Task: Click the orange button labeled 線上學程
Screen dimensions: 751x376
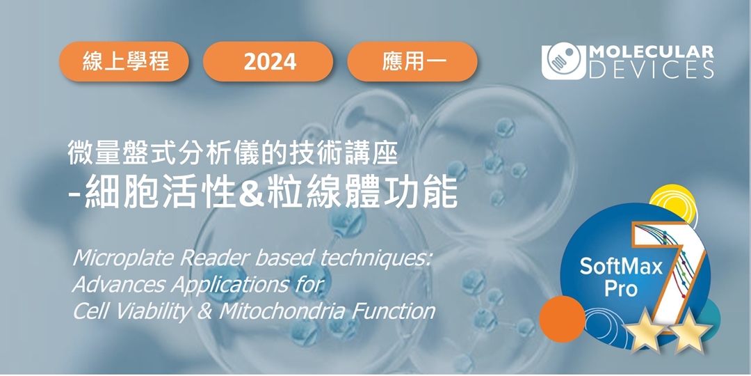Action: pyautogui.click(x=124, y=61)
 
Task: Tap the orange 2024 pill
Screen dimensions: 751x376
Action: pyautogui.click(x=268, y=61)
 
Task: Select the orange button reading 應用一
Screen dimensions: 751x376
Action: pyautogui.click(x=412, y=61)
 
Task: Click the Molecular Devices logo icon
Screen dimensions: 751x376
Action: pyautogui.click(x=564, y=63)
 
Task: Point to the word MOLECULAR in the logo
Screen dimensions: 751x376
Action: pyautogui.click(x=652, y=53)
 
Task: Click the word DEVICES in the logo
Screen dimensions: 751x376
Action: pyautogui.click(x=652, y=70)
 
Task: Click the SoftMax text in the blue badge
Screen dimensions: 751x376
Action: pyautogui.click(x=621, y=267)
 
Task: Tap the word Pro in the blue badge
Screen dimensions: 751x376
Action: pyautogui.click(x=621, y=289)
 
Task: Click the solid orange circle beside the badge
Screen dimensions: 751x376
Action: pyautogui.click(x=563, y=319)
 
